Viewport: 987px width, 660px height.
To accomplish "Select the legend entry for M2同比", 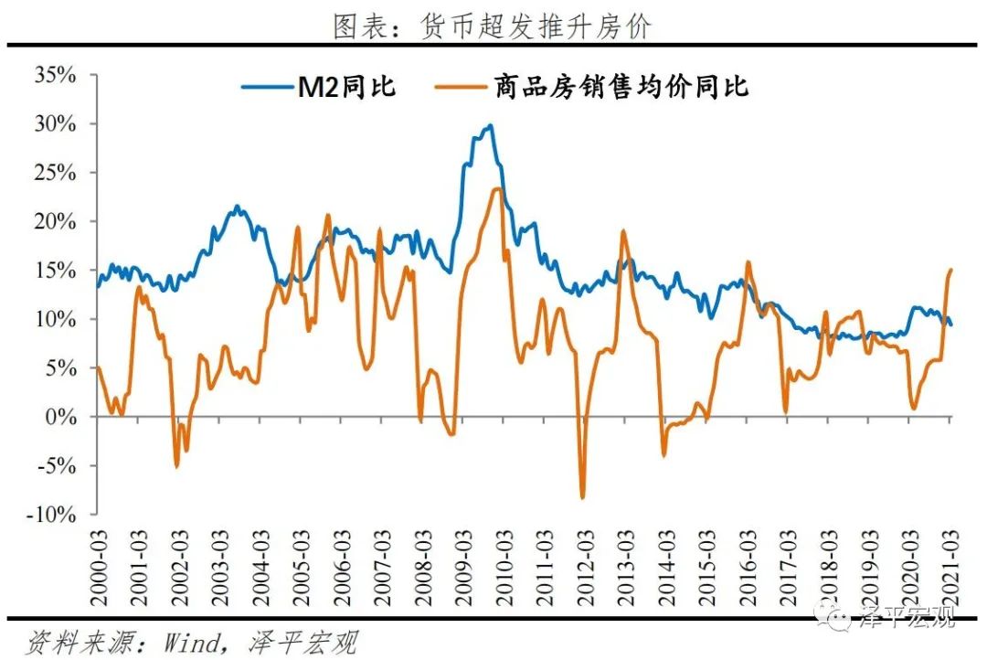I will (x=319, y=87).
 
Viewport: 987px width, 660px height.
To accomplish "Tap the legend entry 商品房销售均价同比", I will (x=590, y=87).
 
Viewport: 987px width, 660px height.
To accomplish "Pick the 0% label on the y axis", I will (x=62, y=417).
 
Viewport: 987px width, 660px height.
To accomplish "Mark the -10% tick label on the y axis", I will (x=53, y=515).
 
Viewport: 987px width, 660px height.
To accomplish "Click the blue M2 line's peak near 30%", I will (x=491, y=125).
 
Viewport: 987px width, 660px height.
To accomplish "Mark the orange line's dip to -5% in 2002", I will (x=176, y=467).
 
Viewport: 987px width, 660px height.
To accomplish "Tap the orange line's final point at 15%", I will (x=951, y=270).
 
